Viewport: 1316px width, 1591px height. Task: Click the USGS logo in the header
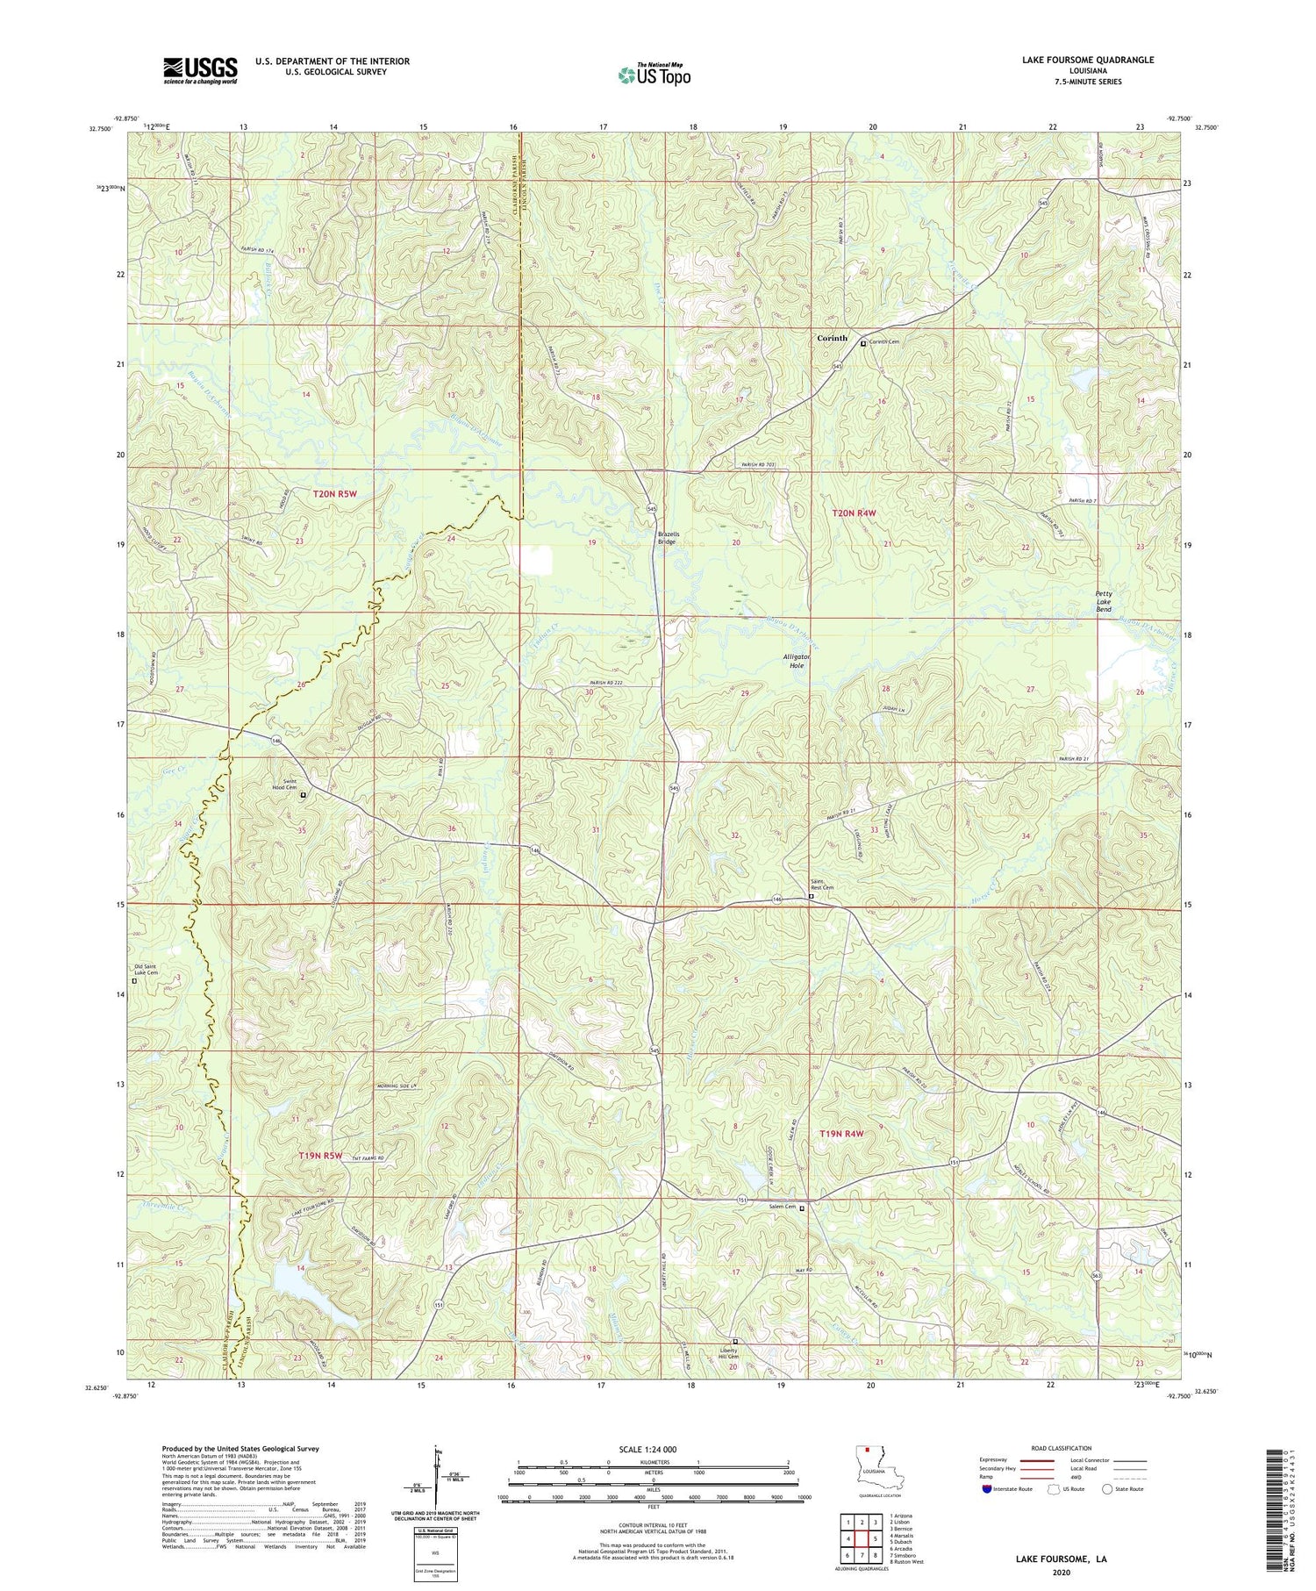(200, 70)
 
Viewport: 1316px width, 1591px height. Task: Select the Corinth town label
(832, 338)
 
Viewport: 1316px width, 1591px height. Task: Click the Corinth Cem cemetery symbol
(862, 344)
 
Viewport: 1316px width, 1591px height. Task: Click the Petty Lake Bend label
(1104, 601)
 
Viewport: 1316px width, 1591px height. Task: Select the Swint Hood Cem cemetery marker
(303, 795)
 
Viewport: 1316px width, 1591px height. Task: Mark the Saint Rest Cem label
(821, 885)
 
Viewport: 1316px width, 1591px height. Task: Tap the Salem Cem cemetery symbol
(801, 1208)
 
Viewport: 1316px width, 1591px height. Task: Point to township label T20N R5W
(335, 495)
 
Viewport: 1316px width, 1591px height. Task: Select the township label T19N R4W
(841, 1134)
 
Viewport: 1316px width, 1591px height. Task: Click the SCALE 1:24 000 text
(653, 1449)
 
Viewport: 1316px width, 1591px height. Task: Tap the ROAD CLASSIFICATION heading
(1061, 1448)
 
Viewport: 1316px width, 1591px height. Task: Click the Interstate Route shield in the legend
(987, 1489)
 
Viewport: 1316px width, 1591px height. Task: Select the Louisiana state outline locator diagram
(869, 1467)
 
